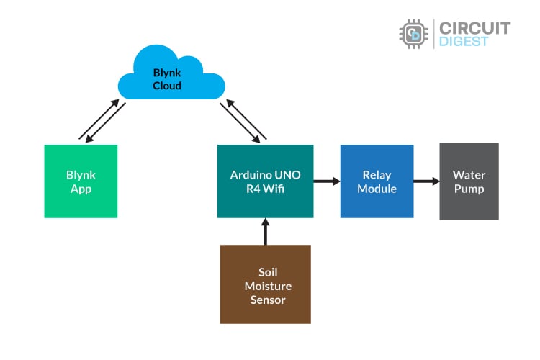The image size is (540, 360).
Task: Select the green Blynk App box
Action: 81,181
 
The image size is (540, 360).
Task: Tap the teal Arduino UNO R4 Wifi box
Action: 265,181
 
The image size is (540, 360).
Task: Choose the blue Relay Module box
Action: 377,181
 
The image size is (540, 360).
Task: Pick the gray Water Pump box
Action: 469,181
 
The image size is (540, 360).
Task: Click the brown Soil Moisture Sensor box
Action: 265,284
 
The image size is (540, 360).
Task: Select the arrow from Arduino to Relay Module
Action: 327,181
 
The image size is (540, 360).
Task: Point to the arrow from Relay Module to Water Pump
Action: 426,181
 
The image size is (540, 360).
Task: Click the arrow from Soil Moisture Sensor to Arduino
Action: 265,231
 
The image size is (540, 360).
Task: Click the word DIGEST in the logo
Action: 464,42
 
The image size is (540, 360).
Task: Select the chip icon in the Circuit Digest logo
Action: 414,34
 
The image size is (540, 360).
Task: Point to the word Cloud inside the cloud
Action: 166,86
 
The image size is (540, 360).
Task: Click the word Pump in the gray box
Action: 469,189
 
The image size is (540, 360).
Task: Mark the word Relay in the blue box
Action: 377,175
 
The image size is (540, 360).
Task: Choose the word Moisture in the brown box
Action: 265,286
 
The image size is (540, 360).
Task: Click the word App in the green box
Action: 81,189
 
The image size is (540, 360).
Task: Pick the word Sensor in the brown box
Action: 265,299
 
